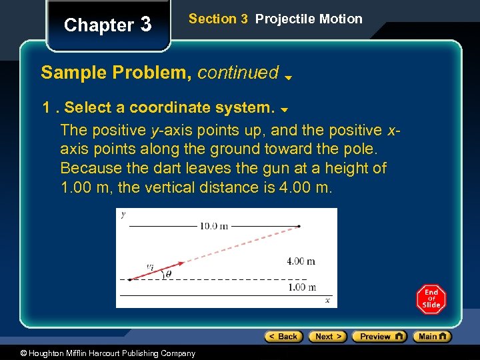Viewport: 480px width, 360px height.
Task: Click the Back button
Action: click(x=283, y=337)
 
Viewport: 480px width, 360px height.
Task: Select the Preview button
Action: click(x=379, y=337)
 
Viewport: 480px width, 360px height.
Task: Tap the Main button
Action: click(x=431, y=337)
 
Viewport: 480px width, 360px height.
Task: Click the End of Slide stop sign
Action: click(x=431, y=299)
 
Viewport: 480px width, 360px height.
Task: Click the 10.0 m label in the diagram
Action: click(x=213, y=226)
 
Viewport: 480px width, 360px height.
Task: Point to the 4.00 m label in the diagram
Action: click(x=301, y=261)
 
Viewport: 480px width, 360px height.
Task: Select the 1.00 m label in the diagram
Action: click(x=301, y=287)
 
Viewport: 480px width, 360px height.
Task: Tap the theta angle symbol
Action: click(x=168, y=273)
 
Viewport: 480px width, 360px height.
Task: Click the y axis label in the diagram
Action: click(x=123, y=215)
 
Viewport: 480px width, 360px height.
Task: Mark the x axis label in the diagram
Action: click(x=327, y=301)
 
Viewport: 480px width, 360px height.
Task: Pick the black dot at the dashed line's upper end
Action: click(x=299, y=227)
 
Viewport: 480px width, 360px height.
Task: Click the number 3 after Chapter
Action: click(x=145, y=25)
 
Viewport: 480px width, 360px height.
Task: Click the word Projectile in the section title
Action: click(x=283, y=19)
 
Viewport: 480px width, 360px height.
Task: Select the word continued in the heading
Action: click(x=238, y=72)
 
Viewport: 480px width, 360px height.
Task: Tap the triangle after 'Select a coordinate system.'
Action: click(x=283, y=109)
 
